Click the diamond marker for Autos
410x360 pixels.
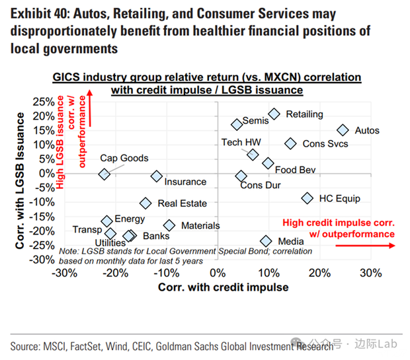pos(343,131)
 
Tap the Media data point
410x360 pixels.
pos(266,242)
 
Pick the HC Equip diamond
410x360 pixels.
pos(307,198)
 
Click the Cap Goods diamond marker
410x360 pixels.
pos(104,174)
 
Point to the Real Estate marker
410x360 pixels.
pos(145,203)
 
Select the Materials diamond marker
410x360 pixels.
pos(169,226)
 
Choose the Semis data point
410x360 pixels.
pos(237,124)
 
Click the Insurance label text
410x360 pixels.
pos(185,182)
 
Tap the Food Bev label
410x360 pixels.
pos(295,170)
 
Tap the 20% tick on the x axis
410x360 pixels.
pos(320,273)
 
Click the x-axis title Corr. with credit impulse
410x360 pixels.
pos(223,287)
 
